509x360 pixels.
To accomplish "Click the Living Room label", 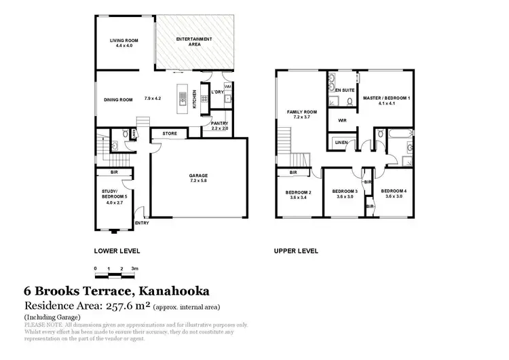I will click(124, 41).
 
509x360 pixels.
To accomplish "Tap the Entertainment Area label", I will click(191, 41).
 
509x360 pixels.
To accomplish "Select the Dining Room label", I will click(117, 100).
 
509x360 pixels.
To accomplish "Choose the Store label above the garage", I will click(170, 134).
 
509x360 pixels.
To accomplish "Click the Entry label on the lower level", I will click(143, 222).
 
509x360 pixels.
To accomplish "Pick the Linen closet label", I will click(341, 142).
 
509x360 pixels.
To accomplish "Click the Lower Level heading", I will click(117, 251).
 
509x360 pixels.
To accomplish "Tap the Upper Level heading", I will click(296, 251).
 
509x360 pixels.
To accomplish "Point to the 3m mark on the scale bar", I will click(135, 268).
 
